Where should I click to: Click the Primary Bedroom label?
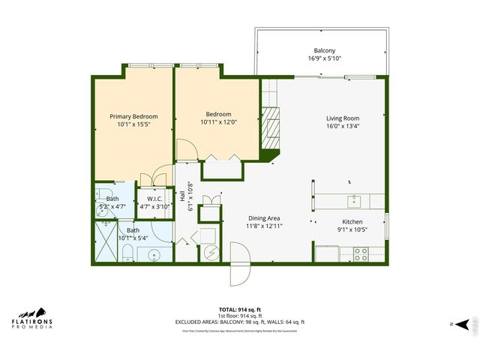133,116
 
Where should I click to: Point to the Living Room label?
342,118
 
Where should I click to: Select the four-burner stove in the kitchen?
359,254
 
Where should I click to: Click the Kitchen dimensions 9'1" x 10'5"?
352,231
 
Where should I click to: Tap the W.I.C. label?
155,199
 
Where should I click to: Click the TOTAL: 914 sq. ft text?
239,309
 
